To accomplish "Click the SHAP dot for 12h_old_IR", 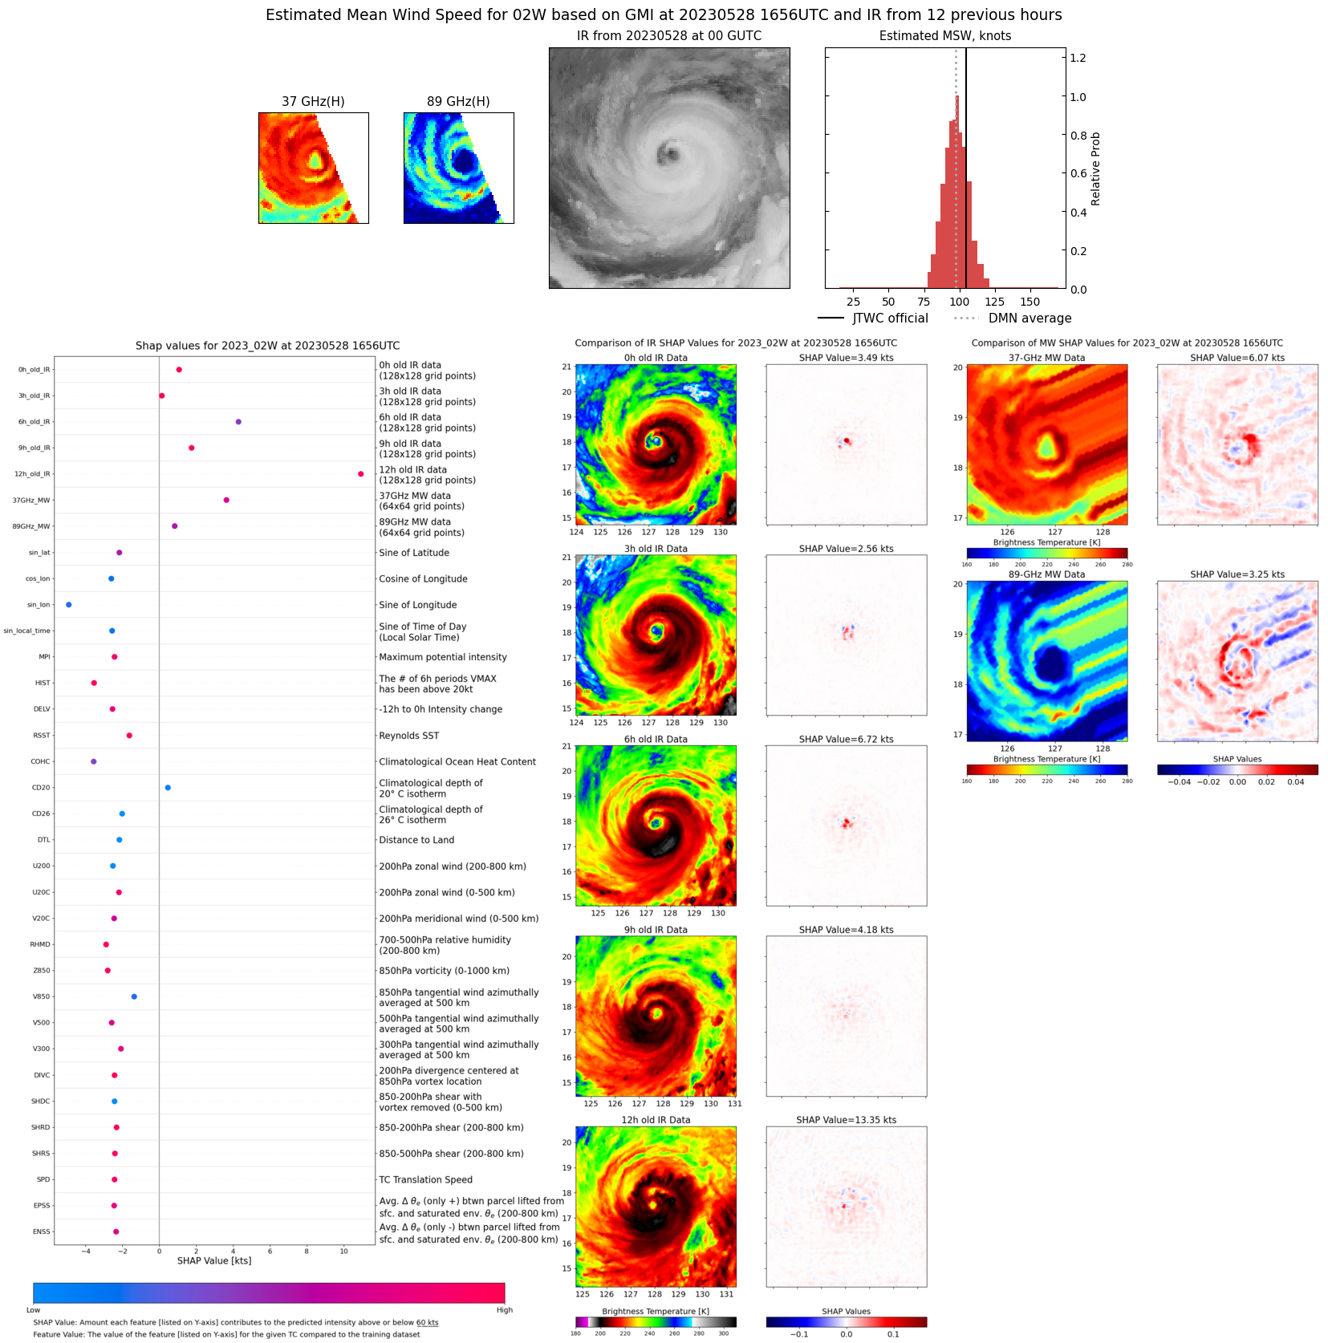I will [360, 474].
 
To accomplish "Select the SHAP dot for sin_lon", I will [68, 605].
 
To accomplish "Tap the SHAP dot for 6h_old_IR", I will [238, 422].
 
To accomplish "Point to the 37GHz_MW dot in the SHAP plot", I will [226, 501].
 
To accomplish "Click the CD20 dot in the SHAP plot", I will [168, 788].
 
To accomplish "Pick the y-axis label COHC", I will [40, 762].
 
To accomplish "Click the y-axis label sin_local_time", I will [26, 631].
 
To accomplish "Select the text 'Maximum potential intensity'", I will [443, 657].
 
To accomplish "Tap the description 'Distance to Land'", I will [416, 840].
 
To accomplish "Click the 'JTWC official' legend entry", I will [890, 319].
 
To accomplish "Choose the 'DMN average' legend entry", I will [1030, 319].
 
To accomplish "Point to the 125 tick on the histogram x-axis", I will [994, 302].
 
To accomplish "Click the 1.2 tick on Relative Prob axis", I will [1078, 58].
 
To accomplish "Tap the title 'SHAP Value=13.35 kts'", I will [846, 1120].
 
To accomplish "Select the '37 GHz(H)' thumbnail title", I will [313, 102].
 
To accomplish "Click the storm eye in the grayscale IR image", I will [666, 152].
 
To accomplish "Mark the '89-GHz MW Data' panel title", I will [1046, 574].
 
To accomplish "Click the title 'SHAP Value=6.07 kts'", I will [1237, 358].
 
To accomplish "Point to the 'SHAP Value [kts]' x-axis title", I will [214, 1260].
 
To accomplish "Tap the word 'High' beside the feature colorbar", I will [504, 1310].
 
